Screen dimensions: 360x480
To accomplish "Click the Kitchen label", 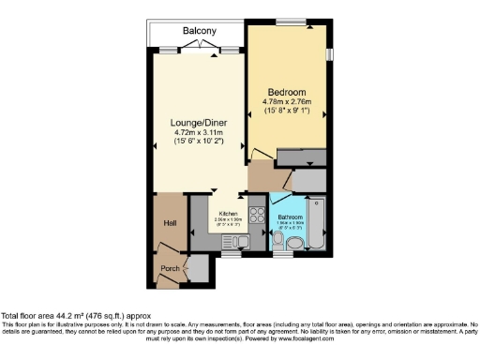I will [229, 213].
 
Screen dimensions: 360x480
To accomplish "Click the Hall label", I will [170, 222].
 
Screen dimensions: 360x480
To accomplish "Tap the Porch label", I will [171, 268].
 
